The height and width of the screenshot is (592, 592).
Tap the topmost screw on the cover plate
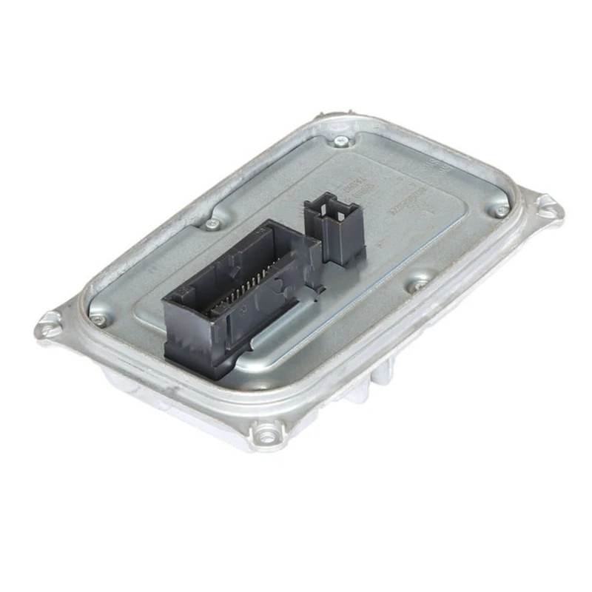pyautogui.click(x=341, y=141)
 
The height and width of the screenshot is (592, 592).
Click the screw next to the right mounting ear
pyautogui.click(x=502, y=210)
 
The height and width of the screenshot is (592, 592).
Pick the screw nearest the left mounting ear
pyautogui.click(x=98, y=319)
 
